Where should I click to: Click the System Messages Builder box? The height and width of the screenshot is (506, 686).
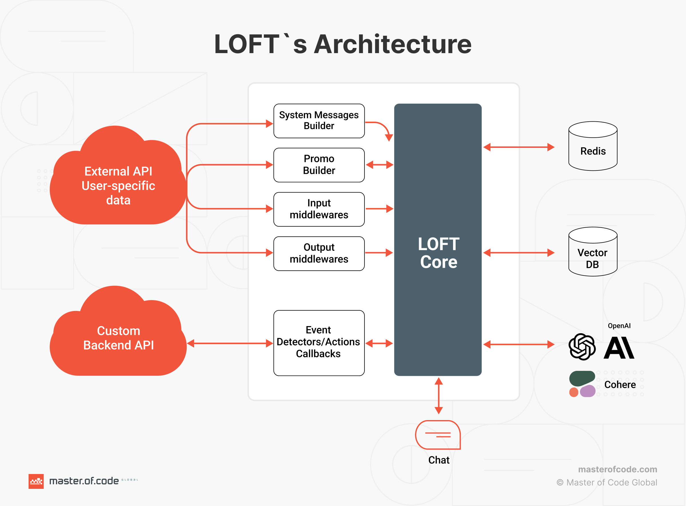point(319,121)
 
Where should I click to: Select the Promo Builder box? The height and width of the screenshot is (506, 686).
point(319,165)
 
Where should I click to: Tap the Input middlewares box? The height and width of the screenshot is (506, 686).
point(319,209)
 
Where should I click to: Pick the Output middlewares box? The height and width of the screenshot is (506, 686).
point(319,253)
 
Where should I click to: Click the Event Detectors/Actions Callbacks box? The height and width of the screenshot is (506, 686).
point(319,342)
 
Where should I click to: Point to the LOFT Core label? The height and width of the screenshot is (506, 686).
point(438,253)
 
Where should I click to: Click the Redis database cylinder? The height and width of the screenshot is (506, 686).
point(593,146)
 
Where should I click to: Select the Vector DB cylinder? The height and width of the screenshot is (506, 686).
point(593,252)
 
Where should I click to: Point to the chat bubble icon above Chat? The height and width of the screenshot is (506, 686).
point(438,434)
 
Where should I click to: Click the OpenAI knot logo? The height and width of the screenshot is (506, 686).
point(582,347)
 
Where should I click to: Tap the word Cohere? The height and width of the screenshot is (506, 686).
point(620,384)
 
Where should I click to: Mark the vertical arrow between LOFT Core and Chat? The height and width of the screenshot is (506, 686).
point(439,396)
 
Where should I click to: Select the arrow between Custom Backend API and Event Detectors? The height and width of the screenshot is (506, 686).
point(230,343)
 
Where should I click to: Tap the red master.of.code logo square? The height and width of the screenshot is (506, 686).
point(36,481)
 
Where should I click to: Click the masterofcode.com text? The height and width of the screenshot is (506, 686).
point(617,469)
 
